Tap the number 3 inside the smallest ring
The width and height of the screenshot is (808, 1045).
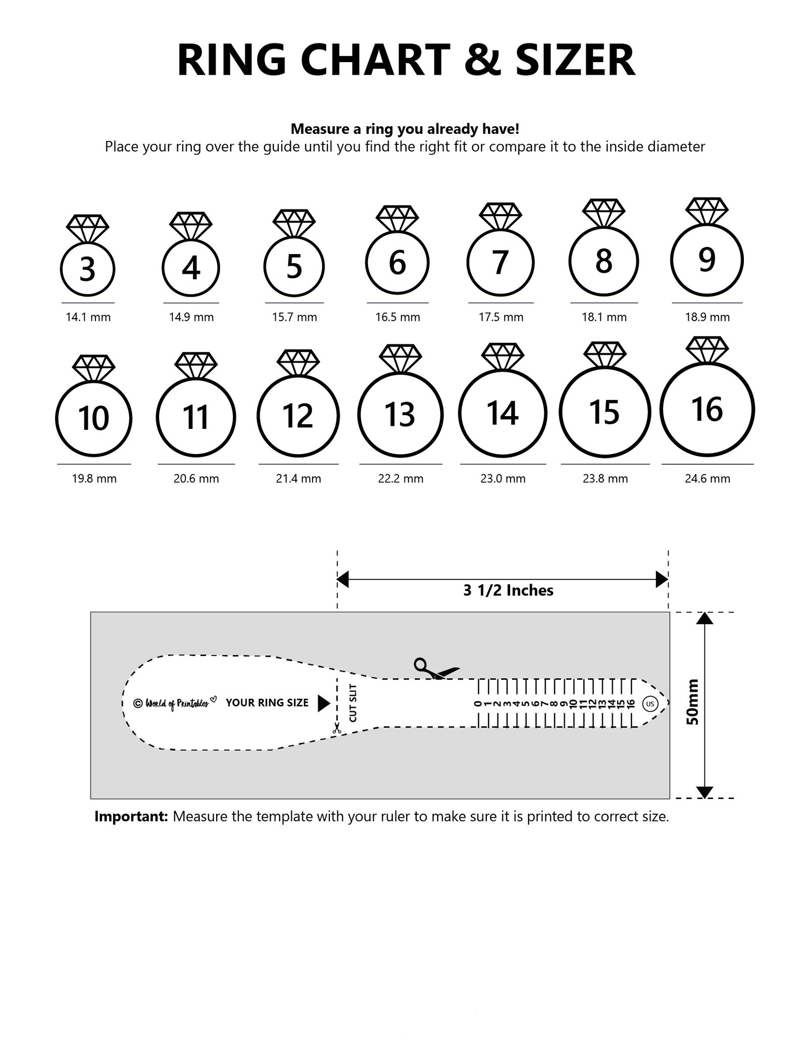87,269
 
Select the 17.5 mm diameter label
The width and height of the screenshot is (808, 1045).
501,317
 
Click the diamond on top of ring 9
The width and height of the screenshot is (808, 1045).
706,211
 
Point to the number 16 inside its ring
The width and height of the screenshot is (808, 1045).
707,409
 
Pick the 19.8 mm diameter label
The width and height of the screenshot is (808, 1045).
94,478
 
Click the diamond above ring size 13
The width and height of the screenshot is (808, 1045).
400,358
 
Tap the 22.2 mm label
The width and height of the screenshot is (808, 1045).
400,478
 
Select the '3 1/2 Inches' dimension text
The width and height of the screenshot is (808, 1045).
508,590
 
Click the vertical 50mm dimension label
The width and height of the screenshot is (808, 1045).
693,703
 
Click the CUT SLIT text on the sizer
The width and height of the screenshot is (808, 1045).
353,703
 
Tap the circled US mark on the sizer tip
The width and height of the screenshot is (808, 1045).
649,704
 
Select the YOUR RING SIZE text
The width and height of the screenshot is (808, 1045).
267,703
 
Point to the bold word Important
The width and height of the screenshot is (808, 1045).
131,817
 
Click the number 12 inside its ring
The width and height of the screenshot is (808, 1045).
298,416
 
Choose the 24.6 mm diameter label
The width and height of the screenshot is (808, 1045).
707,478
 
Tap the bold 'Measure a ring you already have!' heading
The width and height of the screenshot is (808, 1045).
405,129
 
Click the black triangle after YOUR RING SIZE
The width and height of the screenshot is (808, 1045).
323,703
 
